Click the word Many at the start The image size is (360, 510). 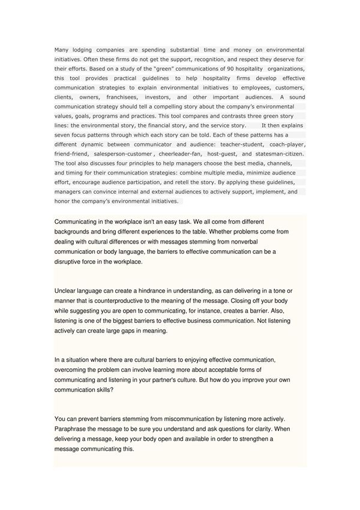point(61,50)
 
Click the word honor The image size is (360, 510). point(62,202)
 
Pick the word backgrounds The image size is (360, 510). point(74,232)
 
